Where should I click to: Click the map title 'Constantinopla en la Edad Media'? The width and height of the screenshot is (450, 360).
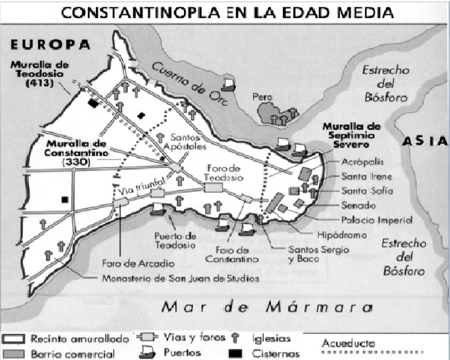click(225, 12)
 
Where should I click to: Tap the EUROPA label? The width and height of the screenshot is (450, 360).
click(50, 44)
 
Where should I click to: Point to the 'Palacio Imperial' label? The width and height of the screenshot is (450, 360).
click(377, 220)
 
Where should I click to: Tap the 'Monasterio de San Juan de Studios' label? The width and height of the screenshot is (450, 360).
click(180, 279)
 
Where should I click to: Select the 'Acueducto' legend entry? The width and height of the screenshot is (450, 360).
click(348, 342)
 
